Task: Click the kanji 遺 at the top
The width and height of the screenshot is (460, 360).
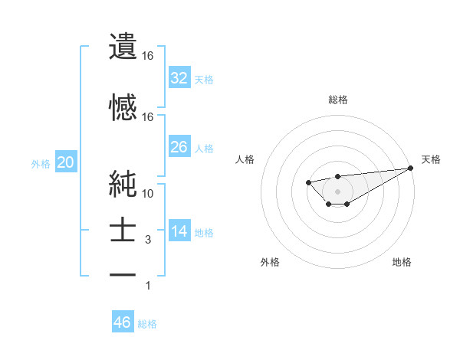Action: click(x=123, y=47)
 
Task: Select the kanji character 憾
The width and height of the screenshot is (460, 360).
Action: click(x=123, y=106)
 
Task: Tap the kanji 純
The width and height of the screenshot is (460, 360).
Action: click(x=123, y=184)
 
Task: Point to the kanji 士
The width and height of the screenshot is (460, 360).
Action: click(x=123, y=231)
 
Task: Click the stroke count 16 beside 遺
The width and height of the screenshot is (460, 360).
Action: click(x=148, y=56)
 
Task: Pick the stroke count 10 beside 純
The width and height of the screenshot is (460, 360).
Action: click(x=148, y=193)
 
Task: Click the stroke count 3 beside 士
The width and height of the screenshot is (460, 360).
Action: click(x=148, y=240)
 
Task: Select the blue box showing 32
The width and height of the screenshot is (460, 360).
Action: click(x=179, y=77)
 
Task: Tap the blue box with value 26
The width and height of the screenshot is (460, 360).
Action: click(x=179, y=146)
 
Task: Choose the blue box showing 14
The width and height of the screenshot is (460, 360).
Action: click(x=179, y=231)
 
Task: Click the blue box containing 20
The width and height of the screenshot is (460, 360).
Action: click(x=65, y=162)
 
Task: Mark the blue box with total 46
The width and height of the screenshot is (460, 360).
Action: click(x=122, y=322)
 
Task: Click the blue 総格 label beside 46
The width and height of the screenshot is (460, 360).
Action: click(x=147, y=324)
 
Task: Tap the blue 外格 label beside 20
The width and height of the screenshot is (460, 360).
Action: click(x=41, y=164)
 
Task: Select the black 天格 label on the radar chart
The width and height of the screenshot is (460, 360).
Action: click(x=431, y=159)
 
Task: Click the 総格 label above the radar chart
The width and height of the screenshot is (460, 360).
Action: click(x=337, y=100)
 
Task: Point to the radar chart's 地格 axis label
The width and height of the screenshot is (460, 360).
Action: click(x=402, y=263)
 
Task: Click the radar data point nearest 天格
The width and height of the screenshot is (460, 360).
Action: click(x=412, y=169)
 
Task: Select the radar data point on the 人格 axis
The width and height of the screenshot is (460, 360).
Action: click(x=308, y=182)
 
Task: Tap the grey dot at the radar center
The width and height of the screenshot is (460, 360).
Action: click(x=337, y=191)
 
